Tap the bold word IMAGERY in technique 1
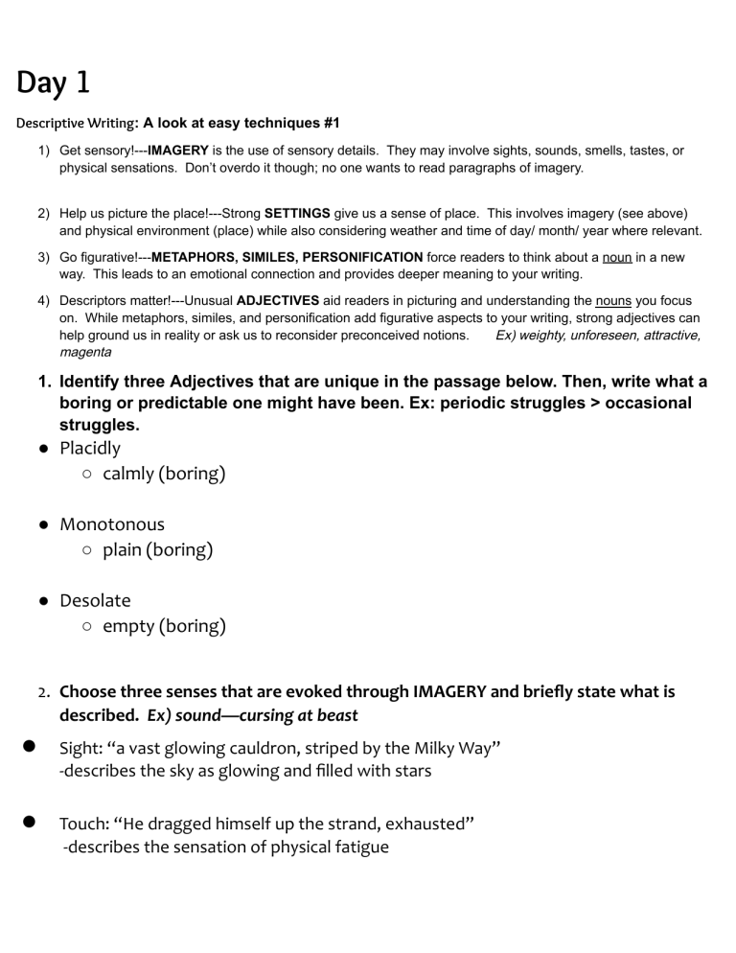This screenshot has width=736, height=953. [178, 151]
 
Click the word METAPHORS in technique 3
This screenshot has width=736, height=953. [191, 258]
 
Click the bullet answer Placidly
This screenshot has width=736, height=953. [90, 448]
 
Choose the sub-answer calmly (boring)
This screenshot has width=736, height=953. [164, 474]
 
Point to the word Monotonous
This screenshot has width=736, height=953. [112, 524]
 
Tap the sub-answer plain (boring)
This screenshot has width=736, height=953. [157, 550]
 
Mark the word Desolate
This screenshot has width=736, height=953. [95, 600]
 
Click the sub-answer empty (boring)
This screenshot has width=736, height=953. [164, 627]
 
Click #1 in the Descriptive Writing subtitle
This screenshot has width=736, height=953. [327, 123]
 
